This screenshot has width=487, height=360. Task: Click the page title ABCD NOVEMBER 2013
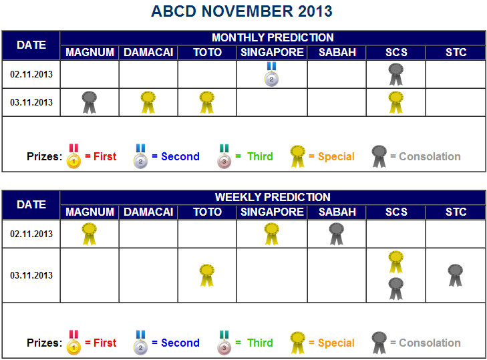[x=242, y=11]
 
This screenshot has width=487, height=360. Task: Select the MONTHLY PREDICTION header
[x=273, y=37]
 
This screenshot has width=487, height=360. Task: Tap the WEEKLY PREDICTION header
[x=273, y=197]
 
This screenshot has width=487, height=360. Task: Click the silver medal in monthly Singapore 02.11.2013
[x=271, y=74]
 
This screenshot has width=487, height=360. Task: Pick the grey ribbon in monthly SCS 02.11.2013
[x=396, y=75]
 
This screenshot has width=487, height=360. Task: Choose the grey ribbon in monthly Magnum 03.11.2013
[x=90, y=102]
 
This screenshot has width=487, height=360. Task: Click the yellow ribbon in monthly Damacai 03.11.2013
[x=148, y=102]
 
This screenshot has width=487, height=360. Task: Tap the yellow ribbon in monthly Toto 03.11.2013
[x=207, y=102]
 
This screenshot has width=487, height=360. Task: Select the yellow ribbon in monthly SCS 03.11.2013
[x=396, y=102]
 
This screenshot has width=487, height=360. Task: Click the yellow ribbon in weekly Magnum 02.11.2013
[x=90, y=234]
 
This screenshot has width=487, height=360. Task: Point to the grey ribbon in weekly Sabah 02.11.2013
[x=337, y=234]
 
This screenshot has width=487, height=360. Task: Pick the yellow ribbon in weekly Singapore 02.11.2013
[x=272, y=234]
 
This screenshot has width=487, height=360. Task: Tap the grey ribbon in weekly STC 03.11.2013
[x=456, y=275]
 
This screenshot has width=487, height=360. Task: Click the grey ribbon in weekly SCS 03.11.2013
[x=396, y=289]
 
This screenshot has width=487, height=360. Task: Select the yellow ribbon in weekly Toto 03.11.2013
[x=207, y=275]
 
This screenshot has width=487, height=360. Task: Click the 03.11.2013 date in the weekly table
[x=31, y=275]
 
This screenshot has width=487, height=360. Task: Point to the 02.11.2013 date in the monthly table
[x=31, y=74]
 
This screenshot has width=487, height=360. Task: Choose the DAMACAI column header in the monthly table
[x=148, y=52]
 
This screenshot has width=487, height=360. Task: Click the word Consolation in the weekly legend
[x=430, y=343]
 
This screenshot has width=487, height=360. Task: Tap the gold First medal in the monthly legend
[x=74, y=156]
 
